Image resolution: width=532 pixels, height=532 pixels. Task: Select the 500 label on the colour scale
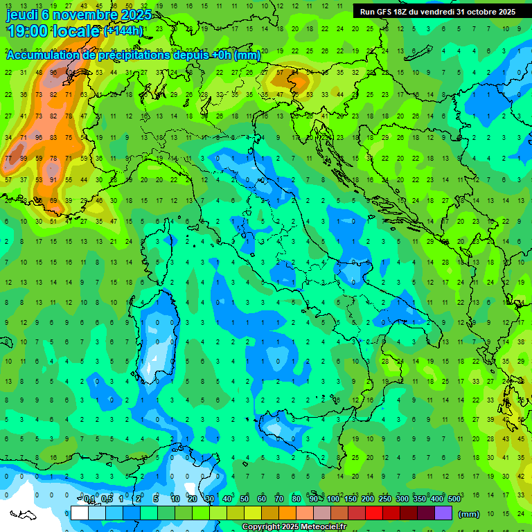pyautogui.click(x=454, y=499)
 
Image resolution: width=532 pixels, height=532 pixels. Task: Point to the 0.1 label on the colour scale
pyautogui.click(x=89, y=499)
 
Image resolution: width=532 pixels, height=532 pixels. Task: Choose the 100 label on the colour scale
pyautogui.click(x=333, y=499)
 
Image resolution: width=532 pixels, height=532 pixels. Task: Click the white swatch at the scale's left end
pyautogui.click(x=79, y=513)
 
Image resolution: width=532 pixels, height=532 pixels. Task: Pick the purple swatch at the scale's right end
pyautogui.click(x=443, y=513)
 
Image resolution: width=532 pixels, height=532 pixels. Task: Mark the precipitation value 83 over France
pyautogui.click(x=53, y=137)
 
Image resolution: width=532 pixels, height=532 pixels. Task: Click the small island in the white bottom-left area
pyautogui.click(x=22, y=515)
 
